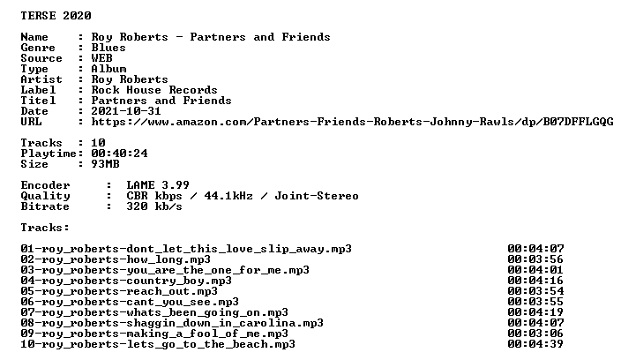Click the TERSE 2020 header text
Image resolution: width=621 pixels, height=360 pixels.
[56, 16]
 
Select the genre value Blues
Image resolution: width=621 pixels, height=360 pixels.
[108, 48]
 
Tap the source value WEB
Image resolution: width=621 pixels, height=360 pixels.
[101, 58]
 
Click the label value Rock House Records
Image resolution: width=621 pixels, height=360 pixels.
[154, 90]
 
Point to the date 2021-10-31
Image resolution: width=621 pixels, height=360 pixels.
[126, 111]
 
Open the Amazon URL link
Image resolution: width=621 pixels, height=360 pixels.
[353, 122]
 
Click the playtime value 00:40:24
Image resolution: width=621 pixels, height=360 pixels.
[119, 154]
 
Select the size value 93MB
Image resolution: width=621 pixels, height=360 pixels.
[105, 164]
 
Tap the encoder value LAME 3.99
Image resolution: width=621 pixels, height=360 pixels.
[158, 185]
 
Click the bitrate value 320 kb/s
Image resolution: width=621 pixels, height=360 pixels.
[154, 206]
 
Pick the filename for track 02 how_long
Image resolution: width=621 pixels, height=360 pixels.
[116, 259]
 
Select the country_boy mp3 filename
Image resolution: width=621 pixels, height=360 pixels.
[126, 281]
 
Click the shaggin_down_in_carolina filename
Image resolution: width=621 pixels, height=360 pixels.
[172, 323]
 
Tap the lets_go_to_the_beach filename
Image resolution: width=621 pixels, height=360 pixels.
[158, 344]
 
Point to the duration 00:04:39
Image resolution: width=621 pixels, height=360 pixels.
[535, 344]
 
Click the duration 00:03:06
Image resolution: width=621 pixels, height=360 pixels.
[535, 334]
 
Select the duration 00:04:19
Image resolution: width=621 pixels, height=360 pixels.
[535, 312]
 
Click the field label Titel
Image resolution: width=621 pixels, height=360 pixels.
[38, 101]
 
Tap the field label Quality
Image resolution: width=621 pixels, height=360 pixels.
[45, 196]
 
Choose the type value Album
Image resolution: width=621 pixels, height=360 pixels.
[108, 69]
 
